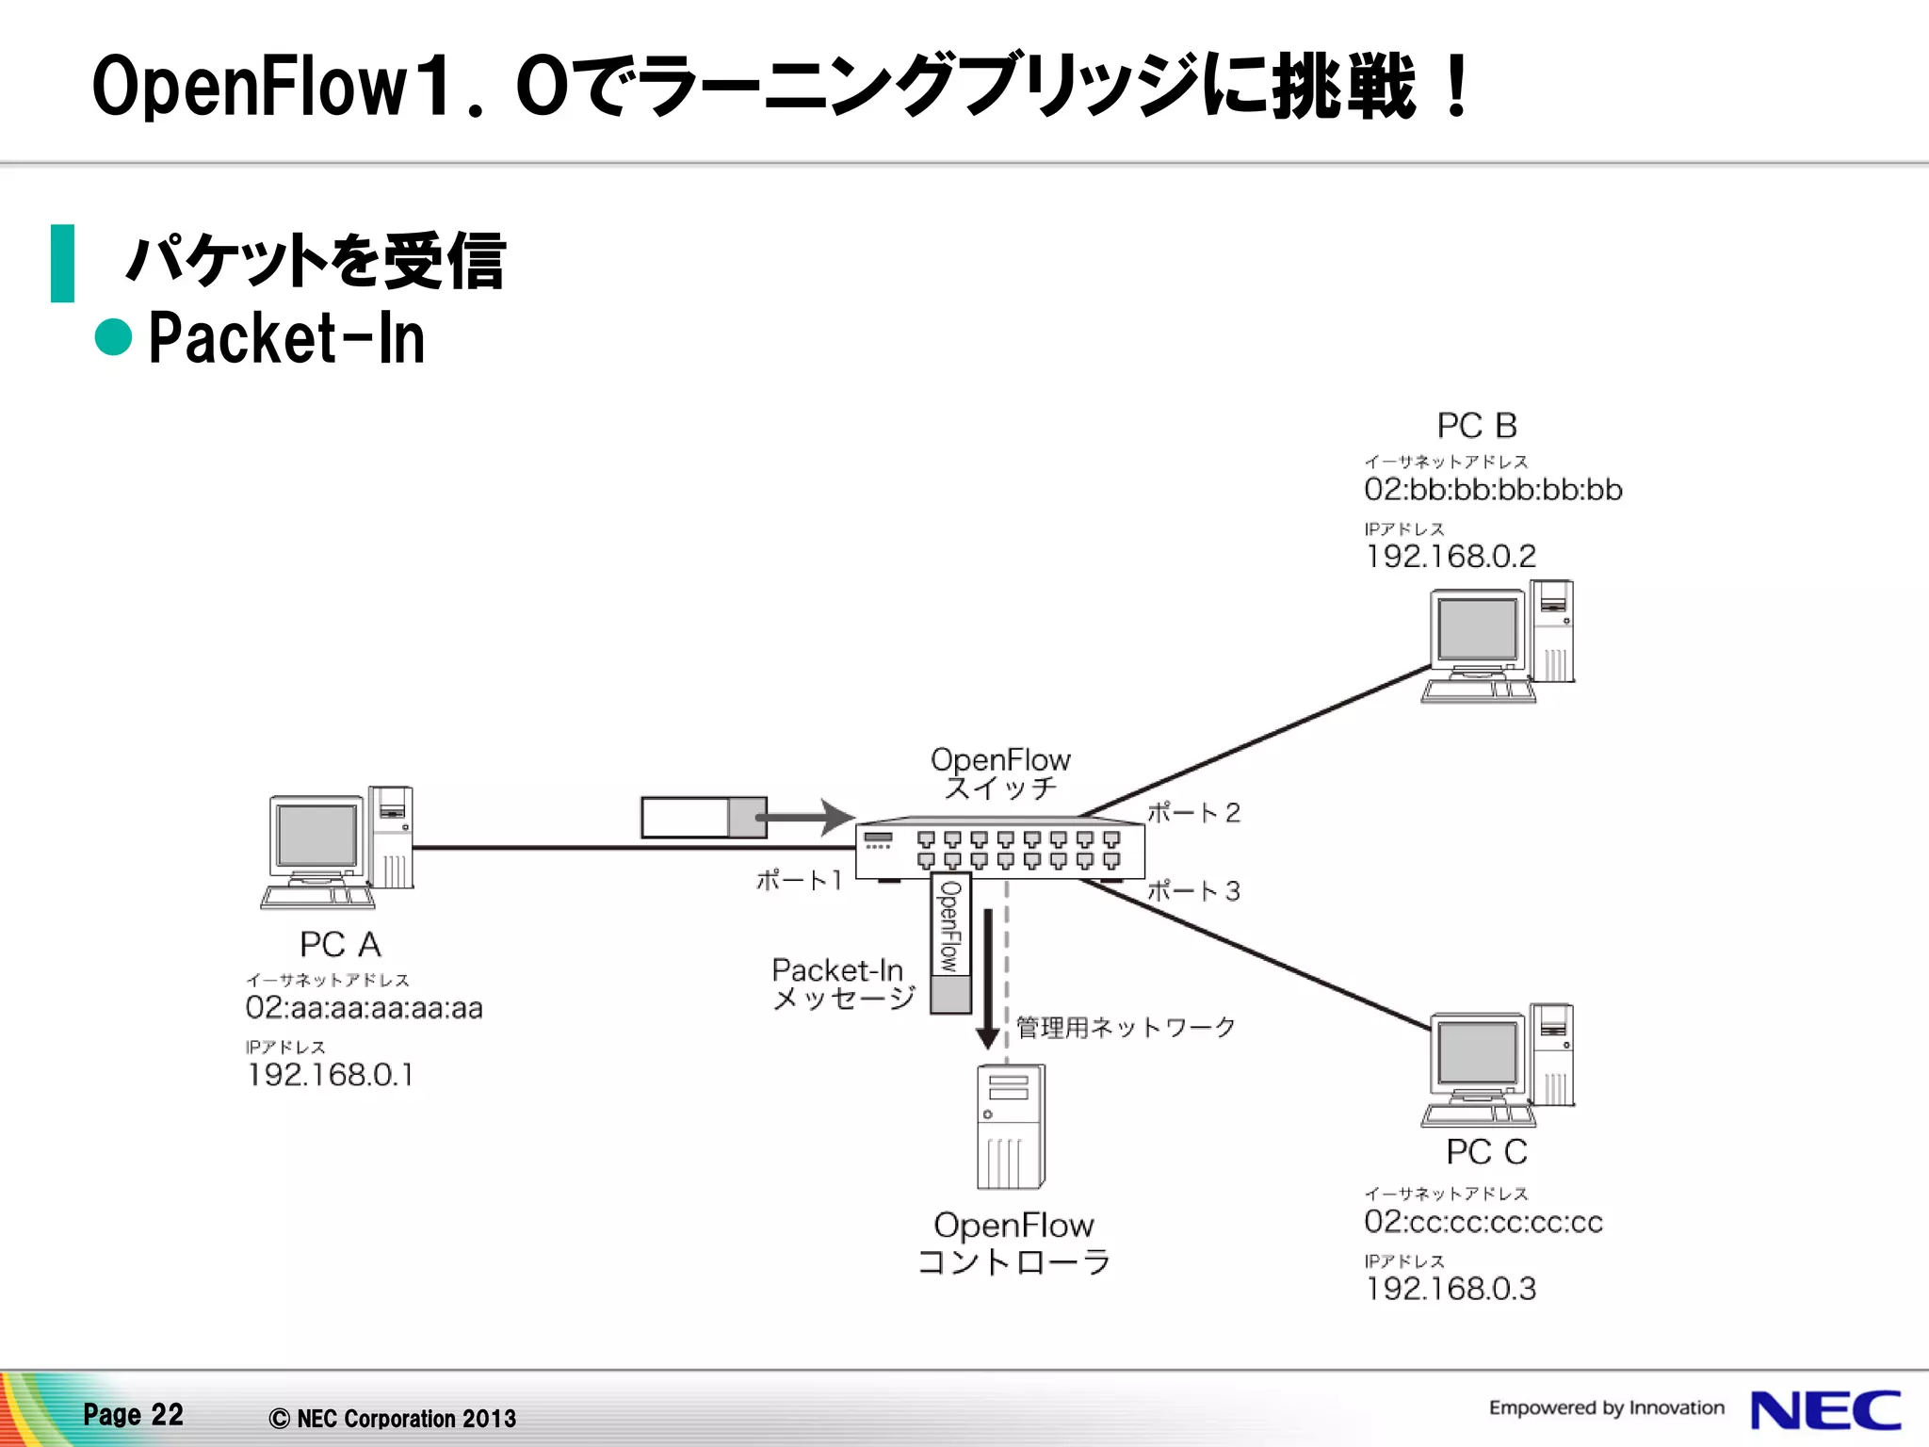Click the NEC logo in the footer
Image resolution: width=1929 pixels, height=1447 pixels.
pos(1824,1410)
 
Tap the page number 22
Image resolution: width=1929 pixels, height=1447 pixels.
pos(167,1414)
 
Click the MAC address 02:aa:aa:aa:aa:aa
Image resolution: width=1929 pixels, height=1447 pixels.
pos(364,1008)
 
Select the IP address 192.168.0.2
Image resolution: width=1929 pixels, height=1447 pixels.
pos(1451,557)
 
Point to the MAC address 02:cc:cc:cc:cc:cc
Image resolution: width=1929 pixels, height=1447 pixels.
pos(1483,1222)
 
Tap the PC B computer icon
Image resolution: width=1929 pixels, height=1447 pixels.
pos(1498,642)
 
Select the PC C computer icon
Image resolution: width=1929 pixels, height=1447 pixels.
pos(1498,1065)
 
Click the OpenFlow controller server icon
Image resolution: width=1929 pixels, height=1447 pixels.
pos(1011,1127)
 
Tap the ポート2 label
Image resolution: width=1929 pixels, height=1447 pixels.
pos(1193,813)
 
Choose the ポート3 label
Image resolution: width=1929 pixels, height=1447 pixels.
pos(1193,891)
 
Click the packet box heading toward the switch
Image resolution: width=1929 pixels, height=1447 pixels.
pos(703,817)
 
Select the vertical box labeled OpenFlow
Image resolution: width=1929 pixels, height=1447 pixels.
pos(950,942)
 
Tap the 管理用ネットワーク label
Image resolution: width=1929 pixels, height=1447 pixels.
pos(1126,1027)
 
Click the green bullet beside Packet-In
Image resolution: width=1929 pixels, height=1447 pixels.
pos(114,337)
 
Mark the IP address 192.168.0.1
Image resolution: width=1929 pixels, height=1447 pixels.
pos(330,1075)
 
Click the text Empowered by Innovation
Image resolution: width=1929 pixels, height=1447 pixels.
pos(1606,1407)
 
